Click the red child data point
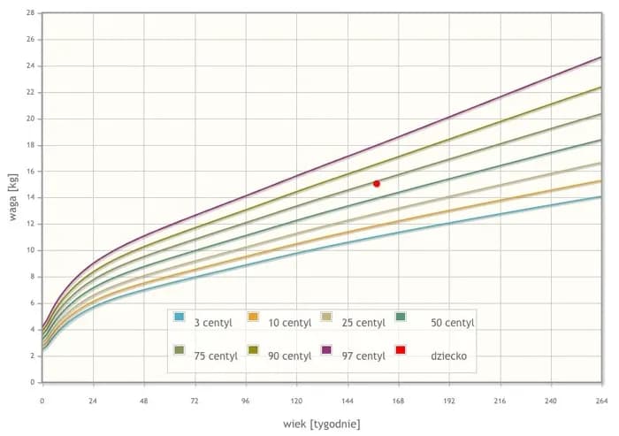click(x=377, y=184)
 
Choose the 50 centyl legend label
click(x=452, y=323)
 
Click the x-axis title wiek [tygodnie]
click(x=321, y=424)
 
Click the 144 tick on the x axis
click(x=348, y=399)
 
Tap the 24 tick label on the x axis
click(x=93, y=399)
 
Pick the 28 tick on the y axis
click(x=31, y=13)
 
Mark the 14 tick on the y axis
click(x=31, y=197)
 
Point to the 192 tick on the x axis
click(x=449, y=399)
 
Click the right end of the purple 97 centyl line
click(x=601, y=57)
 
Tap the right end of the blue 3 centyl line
click(x=601, y=196)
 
